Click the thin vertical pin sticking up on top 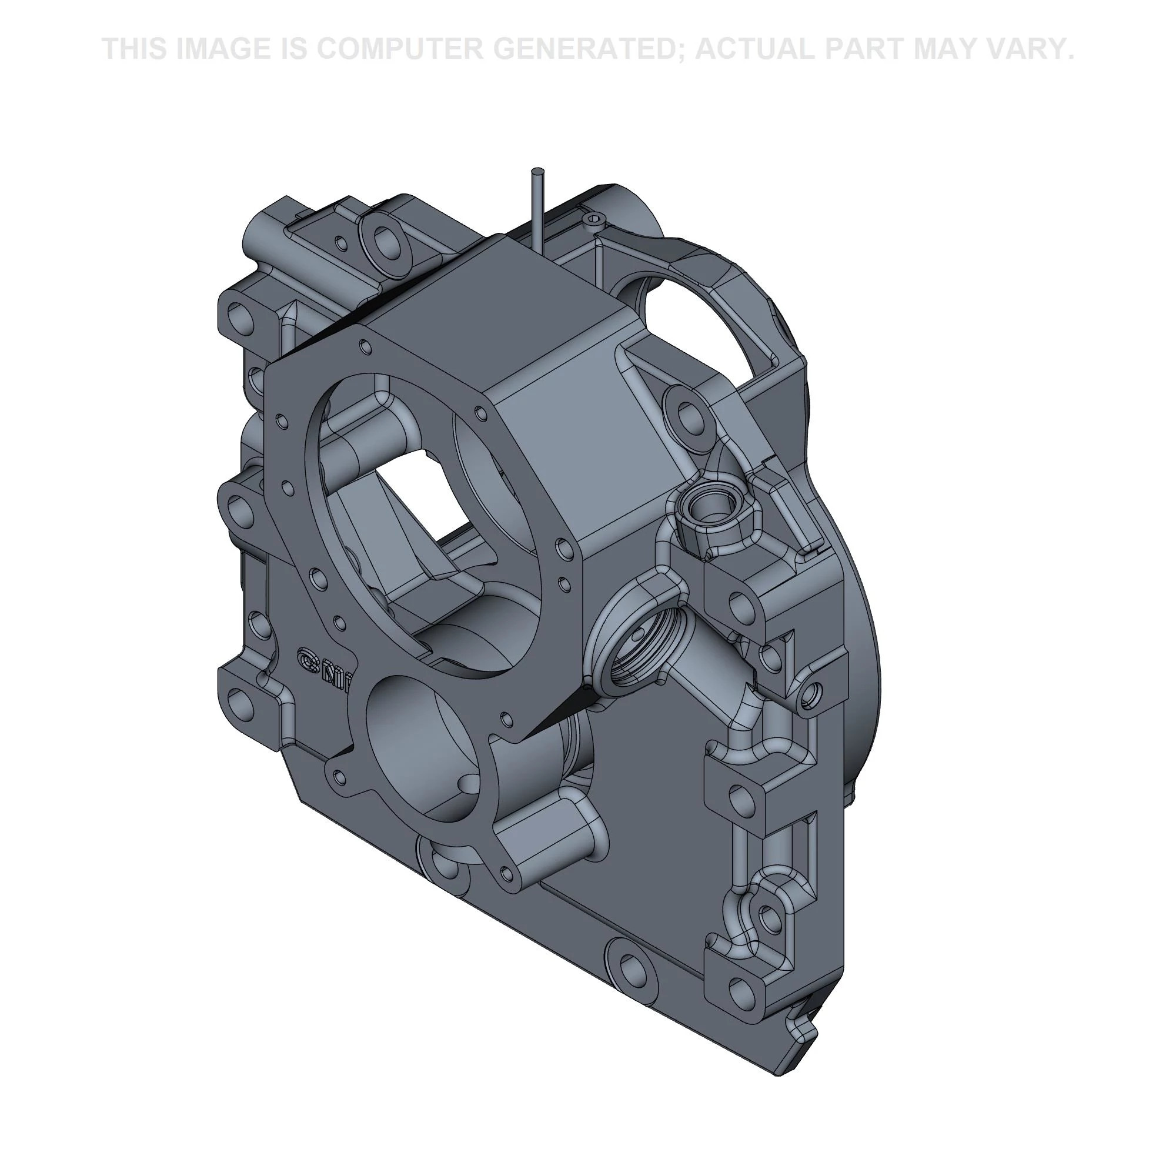pyautogui.click(x=537, y=207)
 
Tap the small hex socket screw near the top pyautogui.click(x=594, y=219)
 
